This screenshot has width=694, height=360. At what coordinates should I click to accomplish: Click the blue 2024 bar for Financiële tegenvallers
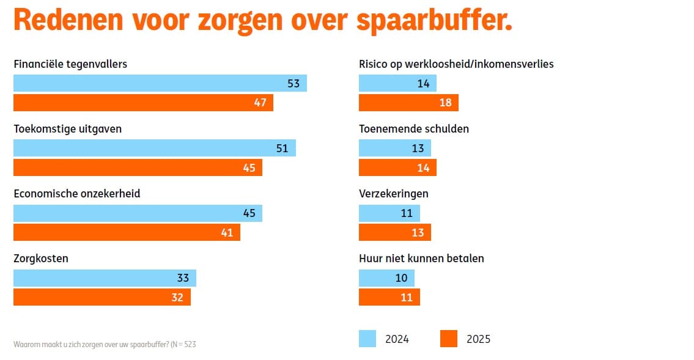pyautogui.click(x=160, y=83)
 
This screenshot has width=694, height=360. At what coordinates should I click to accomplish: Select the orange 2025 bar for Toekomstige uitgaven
pyautogui.click(x=138, y=167)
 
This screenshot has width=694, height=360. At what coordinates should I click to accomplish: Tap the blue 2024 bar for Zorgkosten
pyautogui.click(x=105, y=278)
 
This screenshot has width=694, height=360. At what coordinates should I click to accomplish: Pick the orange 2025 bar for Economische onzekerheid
pyautogui.click(x=127, y=232)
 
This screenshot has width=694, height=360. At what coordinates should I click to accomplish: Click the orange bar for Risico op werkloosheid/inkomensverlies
pyautogui.click(x=408, y=103)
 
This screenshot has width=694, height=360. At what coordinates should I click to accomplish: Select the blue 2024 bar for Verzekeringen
pyautogui.click(x=389, y=213)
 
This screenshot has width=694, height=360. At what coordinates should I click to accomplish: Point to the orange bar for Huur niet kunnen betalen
pyautogui.click(x=389, y=297)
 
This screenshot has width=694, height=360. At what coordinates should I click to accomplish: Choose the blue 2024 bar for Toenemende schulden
pyautogui.click(x=394, y=148)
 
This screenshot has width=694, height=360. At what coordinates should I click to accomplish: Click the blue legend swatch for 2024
pyautogui.click(x=367, y=339)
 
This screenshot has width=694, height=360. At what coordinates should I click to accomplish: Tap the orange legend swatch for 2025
pyautogui.click(x=449, y=339)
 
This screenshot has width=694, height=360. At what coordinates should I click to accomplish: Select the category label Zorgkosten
pyautogui.click(x=41, y=259)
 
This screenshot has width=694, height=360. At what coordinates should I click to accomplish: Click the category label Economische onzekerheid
pyautogui.click(x=77, y=194)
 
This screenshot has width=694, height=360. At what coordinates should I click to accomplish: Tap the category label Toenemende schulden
pyautogui.click(x=414, y=129)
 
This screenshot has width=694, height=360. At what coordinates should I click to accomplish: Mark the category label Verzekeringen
pyautogui.click(x=393, y=194)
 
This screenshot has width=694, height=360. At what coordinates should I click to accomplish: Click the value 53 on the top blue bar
pyautogui.click(x=293, y=83)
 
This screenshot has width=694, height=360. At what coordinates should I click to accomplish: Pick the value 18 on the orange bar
pyautogui.click(x=445, y=103)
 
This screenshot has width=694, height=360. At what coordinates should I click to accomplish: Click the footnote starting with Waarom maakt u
pyautogui.click(x=105, y=344)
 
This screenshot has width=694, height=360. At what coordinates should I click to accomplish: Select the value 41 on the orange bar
pyautogui.click(x=227, y=232)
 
